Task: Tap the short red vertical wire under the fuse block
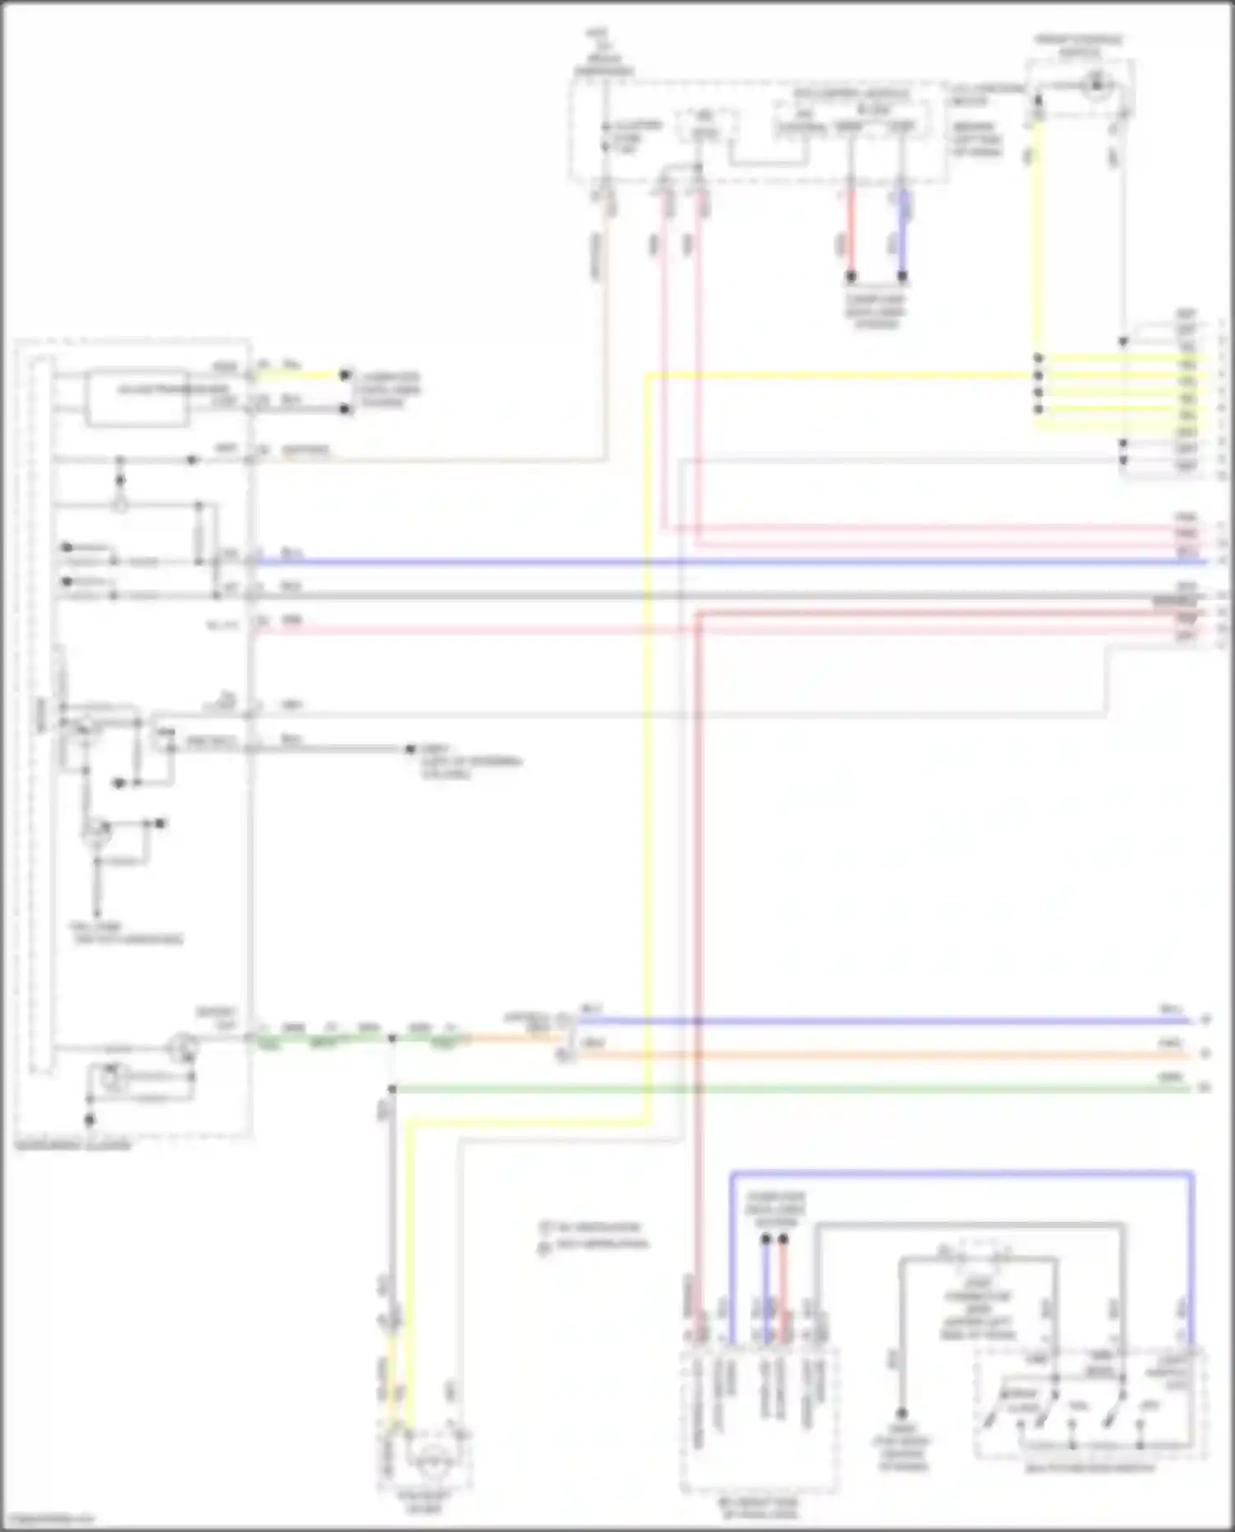point(851,235)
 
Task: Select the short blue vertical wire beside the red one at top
point(902,235)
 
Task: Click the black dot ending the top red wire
point(851,277)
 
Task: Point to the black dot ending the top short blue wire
point(902,277)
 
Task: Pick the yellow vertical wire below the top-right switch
point(1037,239)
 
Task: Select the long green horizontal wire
point(790,1088)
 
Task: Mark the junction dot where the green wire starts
point(392,1089)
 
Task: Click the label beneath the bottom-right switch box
point(1090,1467)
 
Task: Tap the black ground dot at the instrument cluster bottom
point(89,1120)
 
